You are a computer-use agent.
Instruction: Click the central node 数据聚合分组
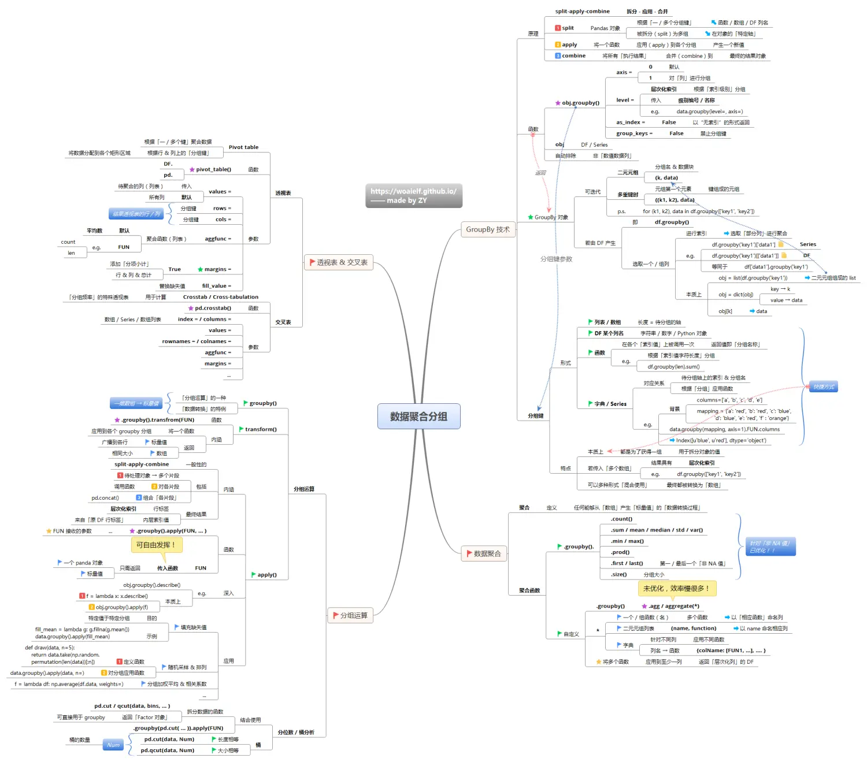point(418,416)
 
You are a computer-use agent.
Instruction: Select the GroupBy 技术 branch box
point(488,229)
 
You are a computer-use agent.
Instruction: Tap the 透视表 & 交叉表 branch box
point(339,262)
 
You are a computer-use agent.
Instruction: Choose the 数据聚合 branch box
point(484,553)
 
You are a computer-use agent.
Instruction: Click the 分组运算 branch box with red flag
point(350,615)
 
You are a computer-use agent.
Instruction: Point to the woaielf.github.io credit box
point(413,196)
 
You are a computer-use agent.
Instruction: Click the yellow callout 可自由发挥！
point(156,545)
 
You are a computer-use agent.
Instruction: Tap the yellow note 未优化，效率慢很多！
point(676,588)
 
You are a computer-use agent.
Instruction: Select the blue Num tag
point(113,745)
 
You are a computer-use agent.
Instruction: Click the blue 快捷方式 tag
point(824,386)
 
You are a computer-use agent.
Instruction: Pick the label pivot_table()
point(213,169)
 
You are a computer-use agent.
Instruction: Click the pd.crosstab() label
point(213,308)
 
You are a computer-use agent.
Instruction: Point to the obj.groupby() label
point(580,103)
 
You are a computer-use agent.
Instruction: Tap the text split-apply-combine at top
point(582,11)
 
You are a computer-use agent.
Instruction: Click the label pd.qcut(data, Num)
point(169,750)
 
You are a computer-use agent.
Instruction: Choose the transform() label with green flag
point(261,429)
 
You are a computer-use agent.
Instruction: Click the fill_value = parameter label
point(216,286)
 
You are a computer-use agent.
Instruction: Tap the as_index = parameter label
point(630,122)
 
